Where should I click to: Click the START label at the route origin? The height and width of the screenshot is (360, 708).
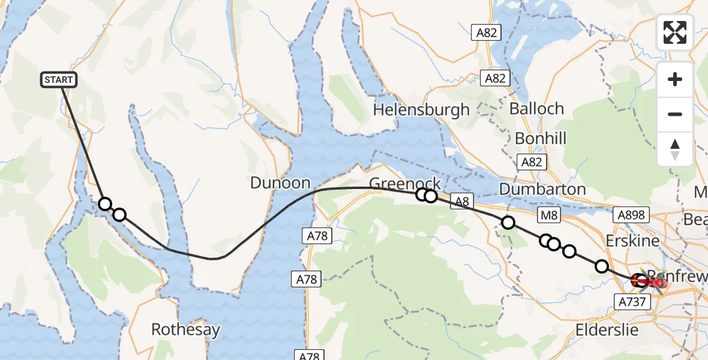coord(59,80)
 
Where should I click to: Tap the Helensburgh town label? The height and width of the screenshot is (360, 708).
coord(421,110)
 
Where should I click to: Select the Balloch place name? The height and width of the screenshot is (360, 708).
coord(536,109)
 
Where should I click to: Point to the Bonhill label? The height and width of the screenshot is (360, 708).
coord(541,139)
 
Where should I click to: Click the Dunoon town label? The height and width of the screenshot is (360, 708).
coord(280,183)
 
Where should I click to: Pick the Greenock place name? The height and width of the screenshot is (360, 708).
coord(405,183)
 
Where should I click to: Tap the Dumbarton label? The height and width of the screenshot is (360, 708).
coord(542,189)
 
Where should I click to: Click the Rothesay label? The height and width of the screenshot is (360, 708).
coord(185,329)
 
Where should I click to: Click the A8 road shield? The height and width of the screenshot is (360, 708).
coord(461,203)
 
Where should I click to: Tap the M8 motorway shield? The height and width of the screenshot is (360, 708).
coord(549,214)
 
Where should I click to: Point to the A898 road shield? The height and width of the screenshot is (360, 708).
coord(632,214)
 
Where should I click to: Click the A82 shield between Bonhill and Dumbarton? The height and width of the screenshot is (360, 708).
coord(532,162)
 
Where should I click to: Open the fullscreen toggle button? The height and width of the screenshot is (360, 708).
coord(675,32)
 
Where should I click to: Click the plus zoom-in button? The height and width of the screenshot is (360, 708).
coord(675,79)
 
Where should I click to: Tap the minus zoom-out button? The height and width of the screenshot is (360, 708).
coord(675,114)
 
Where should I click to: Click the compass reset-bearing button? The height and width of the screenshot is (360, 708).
coord(675,149)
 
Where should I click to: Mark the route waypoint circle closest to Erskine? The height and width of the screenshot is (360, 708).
coord(601,266)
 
